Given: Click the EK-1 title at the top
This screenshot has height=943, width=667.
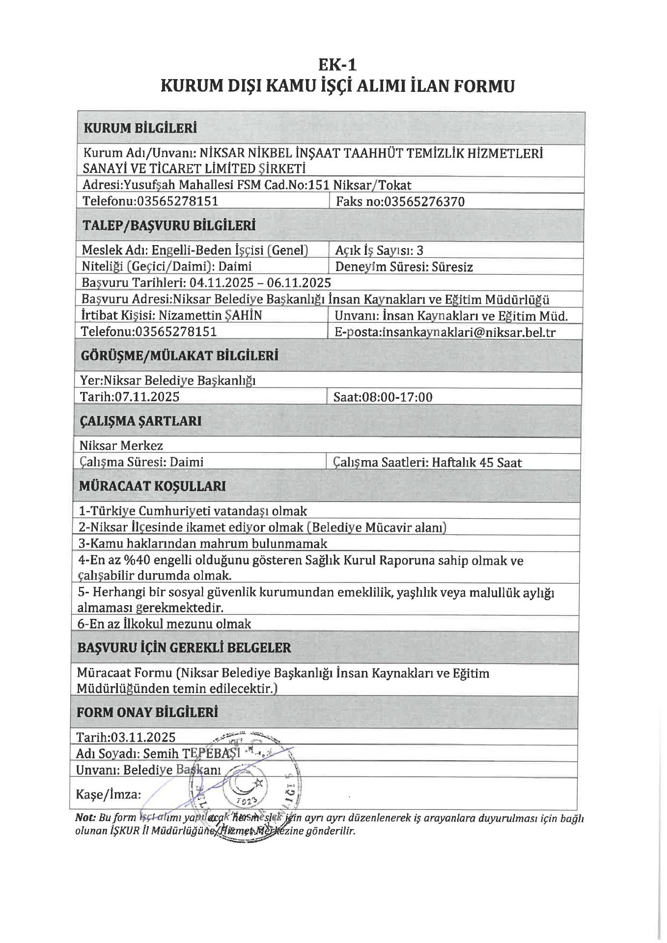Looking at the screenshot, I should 337,65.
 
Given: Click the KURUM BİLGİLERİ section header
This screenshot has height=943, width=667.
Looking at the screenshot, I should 140,128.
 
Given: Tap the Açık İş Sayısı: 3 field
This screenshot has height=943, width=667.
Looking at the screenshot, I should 379,250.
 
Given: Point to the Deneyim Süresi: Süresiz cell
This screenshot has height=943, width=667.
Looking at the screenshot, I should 404,267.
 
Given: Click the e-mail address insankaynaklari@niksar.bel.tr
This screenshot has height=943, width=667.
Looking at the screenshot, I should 469,332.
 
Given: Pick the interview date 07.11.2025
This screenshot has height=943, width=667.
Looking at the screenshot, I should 147,396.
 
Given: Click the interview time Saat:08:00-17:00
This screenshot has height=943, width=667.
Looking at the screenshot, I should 383,397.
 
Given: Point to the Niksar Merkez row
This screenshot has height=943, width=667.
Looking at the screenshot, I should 121,445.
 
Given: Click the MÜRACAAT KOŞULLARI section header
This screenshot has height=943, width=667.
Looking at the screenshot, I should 152,486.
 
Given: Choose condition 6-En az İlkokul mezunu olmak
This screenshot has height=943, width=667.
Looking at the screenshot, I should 165,624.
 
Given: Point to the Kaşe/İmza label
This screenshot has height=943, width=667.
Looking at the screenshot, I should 109,794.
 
